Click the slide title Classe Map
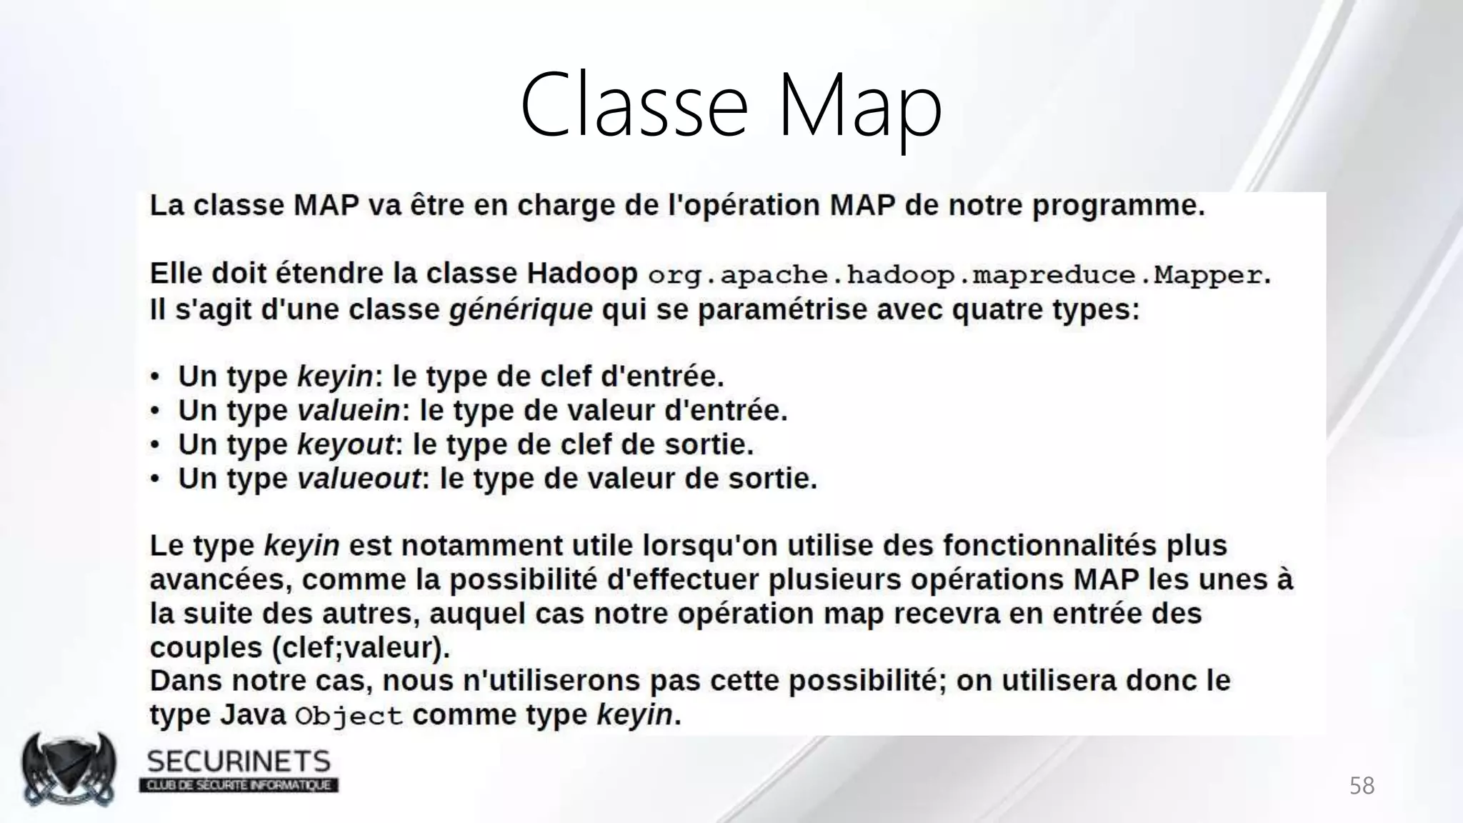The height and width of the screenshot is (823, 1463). (731, 106)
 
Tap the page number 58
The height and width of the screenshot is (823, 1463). (1362, 786)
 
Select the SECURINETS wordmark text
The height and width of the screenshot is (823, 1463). (239, 762)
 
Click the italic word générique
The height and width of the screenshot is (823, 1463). (521, 310)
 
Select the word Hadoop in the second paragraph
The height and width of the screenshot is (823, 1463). (581, 274)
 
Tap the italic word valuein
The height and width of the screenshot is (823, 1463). (349, 411)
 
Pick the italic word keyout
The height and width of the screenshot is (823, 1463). (345, 445)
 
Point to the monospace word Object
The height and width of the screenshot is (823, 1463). (349, 716)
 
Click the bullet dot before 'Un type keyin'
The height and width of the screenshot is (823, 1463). (154, 377)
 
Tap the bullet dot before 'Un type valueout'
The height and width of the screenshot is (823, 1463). (154, 479)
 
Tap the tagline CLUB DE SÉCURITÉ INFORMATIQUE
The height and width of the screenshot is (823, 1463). (239, 785)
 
